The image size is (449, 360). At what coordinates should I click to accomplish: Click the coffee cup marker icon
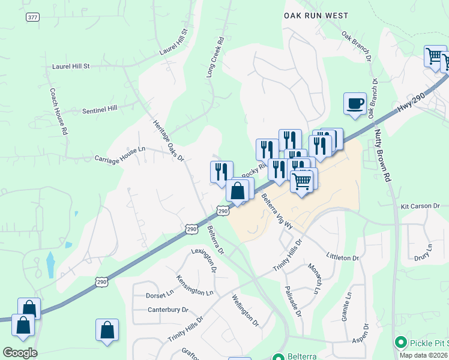[355, 103]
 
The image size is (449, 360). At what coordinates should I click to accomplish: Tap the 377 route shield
[32, 17]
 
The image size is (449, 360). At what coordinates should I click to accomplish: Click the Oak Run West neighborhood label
[316, 16]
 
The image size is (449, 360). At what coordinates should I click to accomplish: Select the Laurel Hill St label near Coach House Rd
[71, 66]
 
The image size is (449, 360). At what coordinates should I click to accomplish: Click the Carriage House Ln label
[120, 157]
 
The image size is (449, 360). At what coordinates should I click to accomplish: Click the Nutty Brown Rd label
[382, 155]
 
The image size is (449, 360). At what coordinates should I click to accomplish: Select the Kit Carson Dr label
[420, 206]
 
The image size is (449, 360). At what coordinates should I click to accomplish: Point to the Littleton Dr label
[342, 257]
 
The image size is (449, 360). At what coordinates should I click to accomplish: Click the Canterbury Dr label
[168, 310]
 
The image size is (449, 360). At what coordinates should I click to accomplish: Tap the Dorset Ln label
[159, 295]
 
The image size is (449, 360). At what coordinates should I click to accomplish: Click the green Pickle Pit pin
[401, 343]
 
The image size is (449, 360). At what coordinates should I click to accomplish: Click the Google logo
[20, 353]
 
